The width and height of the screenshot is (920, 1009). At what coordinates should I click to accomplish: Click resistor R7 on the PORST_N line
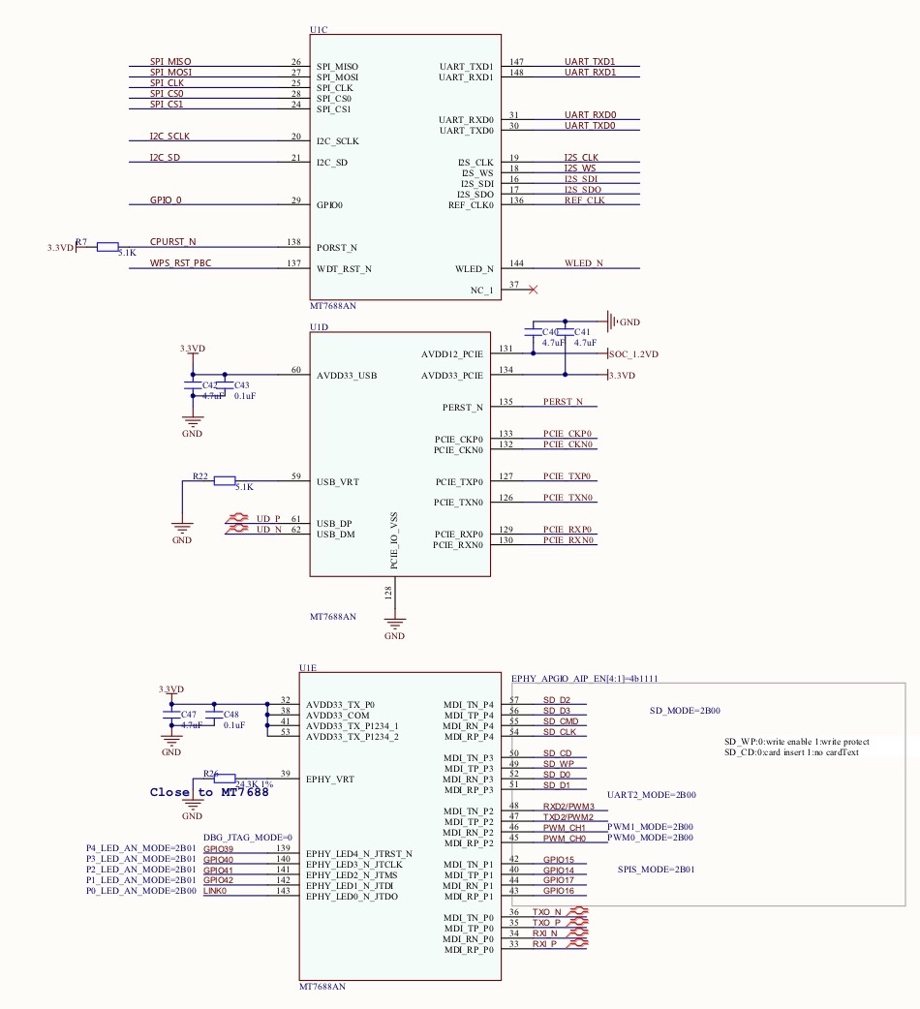coord(107,247)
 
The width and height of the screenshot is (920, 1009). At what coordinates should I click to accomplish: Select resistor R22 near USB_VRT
coord(225,480)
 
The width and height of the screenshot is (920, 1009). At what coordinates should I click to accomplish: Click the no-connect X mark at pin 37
coord(533,289)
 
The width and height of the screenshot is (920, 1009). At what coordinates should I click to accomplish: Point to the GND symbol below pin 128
coord(394,627)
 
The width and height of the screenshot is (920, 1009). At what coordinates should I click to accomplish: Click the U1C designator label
coord(319,31)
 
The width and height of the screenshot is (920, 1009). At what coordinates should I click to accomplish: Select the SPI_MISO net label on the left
coord(170,62)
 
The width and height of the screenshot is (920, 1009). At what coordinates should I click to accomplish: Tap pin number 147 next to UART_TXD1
coord(516,62)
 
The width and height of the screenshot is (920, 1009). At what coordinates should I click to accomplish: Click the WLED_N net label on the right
coord(584,263)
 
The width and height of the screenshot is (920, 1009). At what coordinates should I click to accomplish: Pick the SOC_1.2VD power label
coord(634,354)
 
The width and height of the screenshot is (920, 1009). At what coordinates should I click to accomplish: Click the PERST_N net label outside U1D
coord(563,401)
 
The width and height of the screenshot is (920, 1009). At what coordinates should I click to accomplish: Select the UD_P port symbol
coord(268,519)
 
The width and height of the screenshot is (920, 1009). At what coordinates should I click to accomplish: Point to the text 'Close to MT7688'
coord(209,792)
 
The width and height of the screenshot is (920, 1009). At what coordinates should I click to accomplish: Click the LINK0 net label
coord(215,891)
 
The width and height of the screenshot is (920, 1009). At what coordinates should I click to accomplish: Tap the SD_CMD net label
coord(561,721)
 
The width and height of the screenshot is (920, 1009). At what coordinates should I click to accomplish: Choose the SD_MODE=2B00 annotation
coord(685,711)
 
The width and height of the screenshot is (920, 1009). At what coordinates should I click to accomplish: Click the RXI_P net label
coord(546,944)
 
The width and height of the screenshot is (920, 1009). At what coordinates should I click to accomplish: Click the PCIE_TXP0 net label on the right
coord(567,476)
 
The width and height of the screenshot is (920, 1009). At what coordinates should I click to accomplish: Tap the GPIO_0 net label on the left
coord(166,199)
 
